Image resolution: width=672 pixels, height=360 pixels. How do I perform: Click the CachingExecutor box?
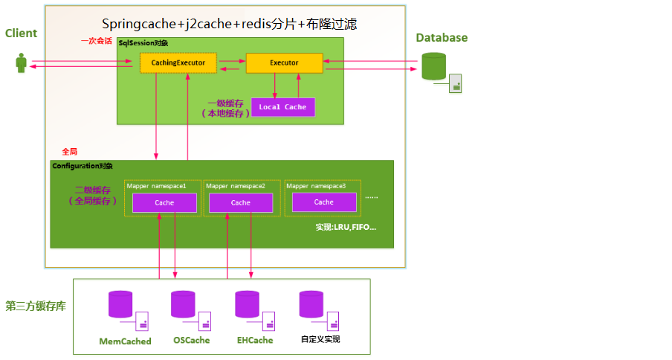(178, 63)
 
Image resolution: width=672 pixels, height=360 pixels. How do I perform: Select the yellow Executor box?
(284, 63)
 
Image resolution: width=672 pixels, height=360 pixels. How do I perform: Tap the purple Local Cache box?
(282, 107)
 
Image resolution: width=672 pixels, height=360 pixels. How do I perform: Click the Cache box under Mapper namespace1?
(164, 202)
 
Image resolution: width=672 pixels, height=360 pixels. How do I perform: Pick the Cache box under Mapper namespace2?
(241, 202)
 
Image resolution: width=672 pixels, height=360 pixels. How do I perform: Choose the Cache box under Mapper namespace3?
(323, 202)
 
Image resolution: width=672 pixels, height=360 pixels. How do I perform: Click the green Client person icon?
(21, 63)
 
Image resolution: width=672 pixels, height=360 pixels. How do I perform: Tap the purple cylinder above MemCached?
(120, 304)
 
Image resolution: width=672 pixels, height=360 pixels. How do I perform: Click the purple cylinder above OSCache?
(183, 304)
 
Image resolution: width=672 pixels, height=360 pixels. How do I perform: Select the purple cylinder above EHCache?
(247, 304)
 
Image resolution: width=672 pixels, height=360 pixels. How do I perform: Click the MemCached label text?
(125, 341)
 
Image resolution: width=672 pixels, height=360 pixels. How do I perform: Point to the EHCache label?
(255, 340)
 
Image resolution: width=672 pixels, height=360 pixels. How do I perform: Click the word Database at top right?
(442, 37)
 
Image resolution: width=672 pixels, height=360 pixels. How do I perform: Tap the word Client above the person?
(21, 33)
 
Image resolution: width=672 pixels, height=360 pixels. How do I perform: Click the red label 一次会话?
(97, 41)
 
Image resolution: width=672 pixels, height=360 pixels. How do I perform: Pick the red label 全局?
(70, 151)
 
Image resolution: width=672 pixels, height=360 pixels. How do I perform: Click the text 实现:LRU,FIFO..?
(346, 225)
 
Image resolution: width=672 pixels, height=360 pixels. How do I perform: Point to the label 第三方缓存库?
(35, 305)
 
